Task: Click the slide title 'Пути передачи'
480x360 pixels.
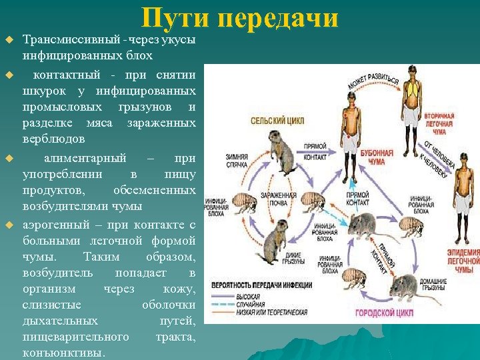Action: click(240, 18)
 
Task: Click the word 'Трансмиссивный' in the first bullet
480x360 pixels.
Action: click(59, 40)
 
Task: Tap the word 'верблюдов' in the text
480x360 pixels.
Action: click(53, 139)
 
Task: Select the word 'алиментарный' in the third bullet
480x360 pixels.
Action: click(85, 158)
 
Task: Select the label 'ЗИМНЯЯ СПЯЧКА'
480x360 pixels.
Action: click(237, 161)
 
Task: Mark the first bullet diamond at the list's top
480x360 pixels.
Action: click(9, 40)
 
